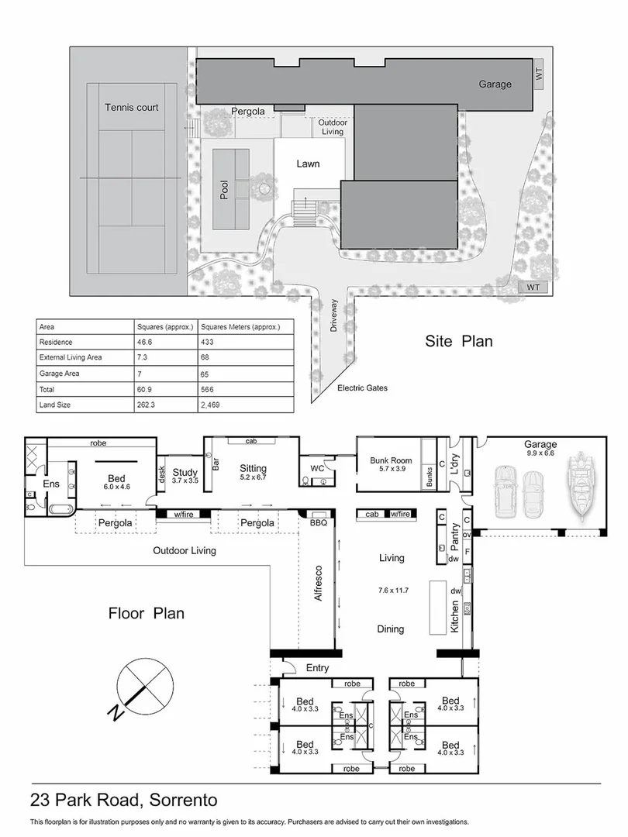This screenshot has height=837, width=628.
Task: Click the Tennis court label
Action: click(x=132, y=107)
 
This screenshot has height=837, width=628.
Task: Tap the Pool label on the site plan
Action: click(x=225, y=190)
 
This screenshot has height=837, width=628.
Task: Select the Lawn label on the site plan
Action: click(x=308, y=164)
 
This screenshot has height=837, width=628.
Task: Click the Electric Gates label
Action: click(x=362, y=387)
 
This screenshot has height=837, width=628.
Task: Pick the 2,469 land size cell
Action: click(x=213, y=405)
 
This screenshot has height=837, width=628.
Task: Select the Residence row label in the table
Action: click(x=56, y=342)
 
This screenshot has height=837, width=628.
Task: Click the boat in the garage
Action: click(x=580, y=487)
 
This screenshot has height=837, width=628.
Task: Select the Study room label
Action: click(x=186, y=472)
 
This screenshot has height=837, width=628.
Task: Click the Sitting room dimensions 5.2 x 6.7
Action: click(x=254, y=478)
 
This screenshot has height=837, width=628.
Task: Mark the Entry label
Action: click(x=317, y=667)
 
